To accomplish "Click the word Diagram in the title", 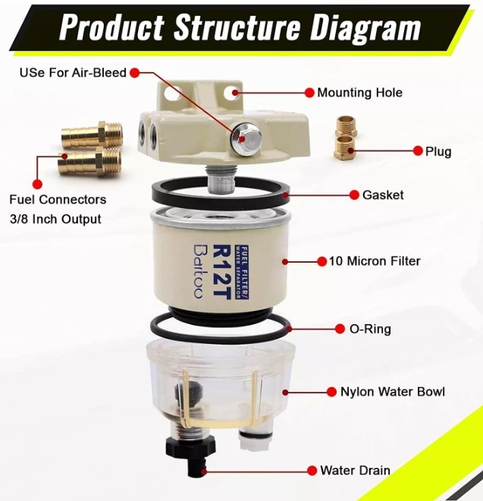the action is pyautogui.click(x=365, y=30).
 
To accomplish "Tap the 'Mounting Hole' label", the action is pyautogui.click(x=359, y=93).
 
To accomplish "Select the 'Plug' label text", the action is pyautogui.click(x=438, y=152).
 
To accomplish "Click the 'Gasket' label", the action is pyautogui.click(x=383, y=195).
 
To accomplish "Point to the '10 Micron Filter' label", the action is pyautogui.click(x=375, y=261).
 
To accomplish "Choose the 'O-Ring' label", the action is pyautogui.click(x=370, y=329).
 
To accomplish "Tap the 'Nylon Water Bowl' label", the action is pyautogui.click(x=393, y=392).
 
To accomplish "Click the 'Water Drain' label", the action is pyautogui.click(x=355, y=471).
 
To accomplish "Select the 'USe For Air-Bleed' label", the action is pyautogui.click(x=73, y=73).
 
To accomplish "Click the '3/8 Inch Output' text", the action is pyautogui.click(x=55, y=219).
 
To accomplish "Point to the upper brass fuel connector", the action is pyautogui.click(x=92, y=134).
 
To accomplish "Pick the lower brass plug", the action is pyautogui.click(x=345, y=147).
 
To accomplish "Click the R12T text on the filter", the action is pyautogui.click(x=221, y=272).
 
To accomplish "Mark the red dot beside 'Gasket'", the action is pyautogui.click(x=354, y=195).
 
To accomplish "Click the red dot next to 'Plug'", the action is pyautogui.click(x=418, y=151).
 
